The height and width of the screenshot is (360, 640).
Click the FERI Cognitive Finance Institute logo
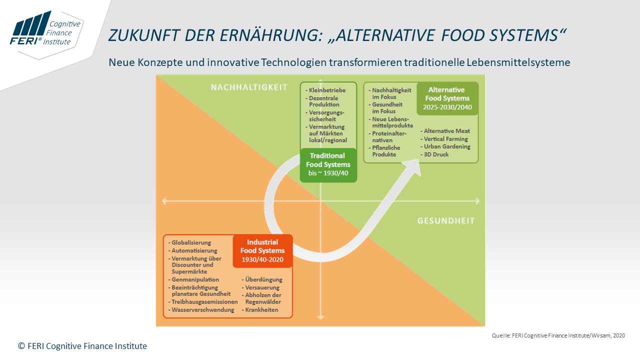click(45, 31)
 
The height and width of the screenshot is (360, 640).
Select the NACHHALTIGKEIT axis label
click(249, 87)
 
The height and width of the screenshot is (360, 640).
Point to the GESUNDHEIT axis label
click(446, 220)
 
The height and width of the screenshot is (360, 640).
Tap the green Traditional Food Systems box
click(328, 165)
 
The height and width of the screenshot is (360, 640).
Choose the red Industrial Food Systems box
click(262, 251)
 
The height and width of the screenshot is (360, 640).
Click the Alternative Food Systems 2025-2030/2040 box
click(447, 98)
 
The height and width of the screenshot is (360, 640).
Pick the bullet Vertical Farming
click(444, 139)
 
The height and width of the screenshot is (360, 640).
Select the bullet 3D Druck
click(434, 154)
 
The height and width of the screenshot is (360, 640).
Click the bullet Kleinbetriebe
click(325, 90)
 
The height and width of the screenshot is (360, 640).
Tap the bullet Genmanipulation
click(193, 279)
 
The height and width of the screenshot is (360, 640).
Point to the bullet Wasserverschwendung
click(201, 309)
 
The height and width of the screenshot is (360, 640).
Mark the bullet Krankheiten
click(260, 309)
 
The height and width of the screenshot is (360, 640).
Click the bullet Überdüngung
click(262, 279)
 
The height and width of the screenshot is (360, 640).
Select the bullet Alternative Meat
click(445, 131)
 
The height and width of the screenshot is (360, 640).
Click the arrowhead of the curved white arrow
click(413, 167)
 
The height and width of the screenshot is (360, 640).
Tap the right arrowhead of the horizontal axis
click(477, 201)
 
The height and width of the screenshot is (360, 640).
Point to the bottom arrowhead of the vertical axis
click(320, 317)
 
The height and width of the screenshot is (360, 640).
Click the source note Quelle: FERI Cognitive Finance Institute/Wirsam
click(558, 335)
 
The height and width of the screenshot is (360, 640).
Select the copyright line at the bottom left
click(82, 346)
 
